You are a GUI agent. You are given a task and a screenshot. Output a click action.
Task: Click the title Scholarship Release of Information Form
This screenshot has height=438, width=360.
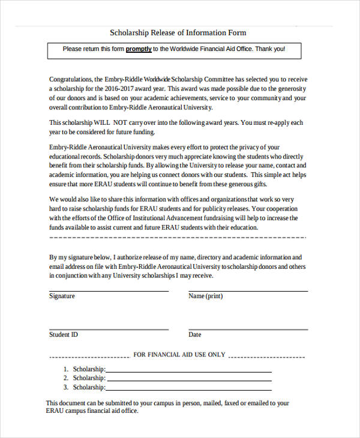pos(178,32)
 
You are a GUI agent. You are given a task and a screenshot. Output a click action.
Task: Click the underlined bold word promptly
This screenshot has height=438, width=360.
pos(139,49)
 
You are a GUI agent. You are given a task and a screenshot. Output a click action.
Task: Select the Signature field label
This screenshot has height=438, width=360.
pos(62,296)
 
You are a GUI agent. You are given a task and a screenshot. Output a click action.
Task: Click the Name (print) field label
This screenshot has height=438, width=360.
pos(205,296)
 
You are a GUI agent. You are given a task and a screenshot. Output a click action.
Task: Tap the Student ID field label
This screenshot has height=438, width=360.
pos(63,334)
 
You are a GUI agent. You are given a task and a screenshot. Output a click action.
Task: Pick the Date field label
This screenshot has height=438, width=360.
pos(194,334)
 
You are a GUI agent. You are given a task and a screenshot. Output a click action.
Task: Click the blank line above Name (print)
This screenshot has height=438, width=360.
pos(248,291)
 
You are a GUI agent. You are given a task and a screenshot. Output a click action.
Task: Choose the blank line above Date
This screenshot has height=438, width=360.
pos(248,329)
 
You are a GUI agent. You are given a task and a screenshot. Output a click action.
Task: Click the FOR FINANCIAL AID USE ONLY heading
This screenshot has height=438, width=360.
pos(179,355)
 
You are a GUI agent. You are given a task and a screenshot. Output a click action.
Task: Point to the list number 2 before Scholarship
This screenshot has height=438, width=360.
pos(65,378)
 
